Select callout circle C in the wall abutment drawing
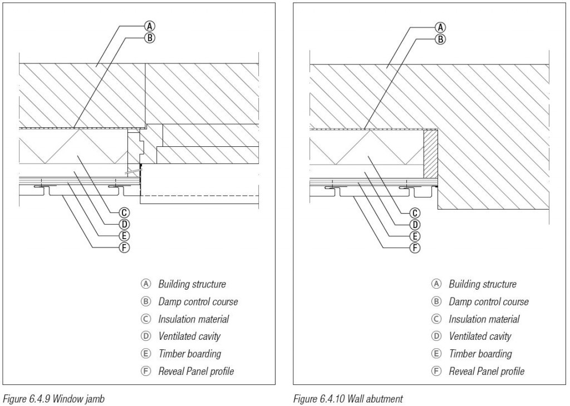click(415, 213)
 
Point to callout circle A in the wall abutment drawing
click(440, 26)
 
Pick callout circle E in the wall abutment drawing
click(415, 236)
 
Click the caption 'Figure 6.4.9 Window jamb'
click(51, 398)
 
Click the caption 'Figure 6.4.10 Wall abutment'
click(345, 398)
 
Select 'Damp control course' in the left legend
click(198, 302)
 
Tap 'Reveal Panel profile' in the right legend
click(487, 371)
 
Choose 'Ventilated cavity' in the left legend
click(189, 336)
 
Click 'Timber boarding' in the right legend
click(480, 354)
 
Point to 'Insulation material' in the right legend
click(484, 319)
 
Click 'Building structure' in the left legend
click(192, 285)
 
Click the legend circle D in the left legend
click(146, 336)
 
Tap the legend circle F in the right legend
click(437, 371)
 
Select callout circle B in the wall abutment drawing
click(440, 38)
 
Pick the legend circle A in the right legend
click(437, 284)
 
